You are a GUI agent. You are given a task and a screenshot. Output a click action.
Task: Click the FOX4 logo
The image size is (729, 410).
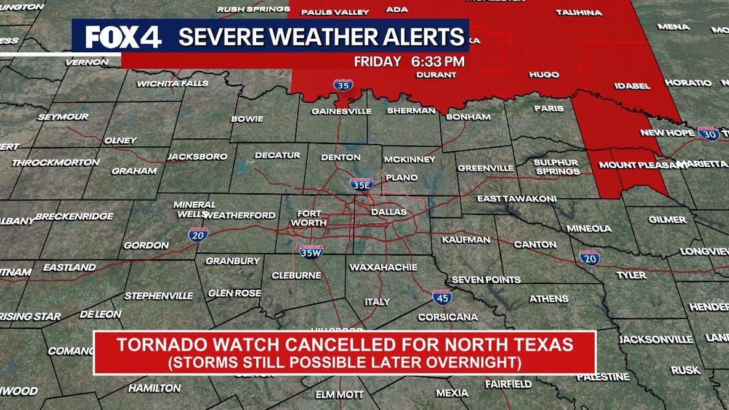pos(123,37)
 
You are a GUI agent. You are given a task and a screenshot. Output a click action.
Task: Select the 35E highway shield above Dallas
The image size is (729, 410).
pos(361,184)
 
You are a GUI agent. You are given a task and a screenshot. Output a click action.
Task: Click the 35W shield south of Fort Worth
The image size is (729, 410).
pos(311,251)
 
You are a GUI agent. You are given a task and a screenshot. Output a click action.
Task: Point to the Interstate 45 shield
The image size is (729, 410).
pos(441,297)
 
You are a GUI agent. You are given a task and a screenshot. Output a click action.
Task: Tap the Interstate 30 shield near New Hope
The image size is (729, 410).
pos(708,134)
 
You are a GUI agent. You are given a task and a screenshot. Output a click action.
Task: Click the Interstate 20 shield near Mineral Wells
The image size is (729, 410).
pos(198,234)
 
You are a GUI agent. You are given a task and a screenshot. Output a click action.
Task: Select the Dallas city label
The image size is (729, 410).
pos(389,212)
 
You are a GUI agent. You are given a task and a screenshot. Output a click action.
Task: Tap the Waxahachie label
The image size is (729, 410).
pos(383,267)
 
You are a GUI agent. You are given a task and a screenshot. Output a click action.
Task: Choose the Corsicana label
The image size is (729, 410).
pos(448,317)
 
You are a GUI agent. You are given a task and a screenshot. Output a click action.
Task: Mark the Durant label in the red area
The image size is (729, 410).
pos(436,74)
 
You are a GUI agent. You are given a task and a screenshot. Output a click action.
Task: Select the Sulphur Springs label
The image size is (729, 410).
pos(557,167)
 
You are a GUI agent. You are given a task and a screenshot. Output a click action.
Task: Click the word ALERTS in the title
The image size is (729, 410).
pos(424,37)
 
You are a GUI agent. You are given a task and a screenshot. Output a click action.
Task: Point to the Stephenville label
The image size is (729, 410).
pos(158,295)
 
